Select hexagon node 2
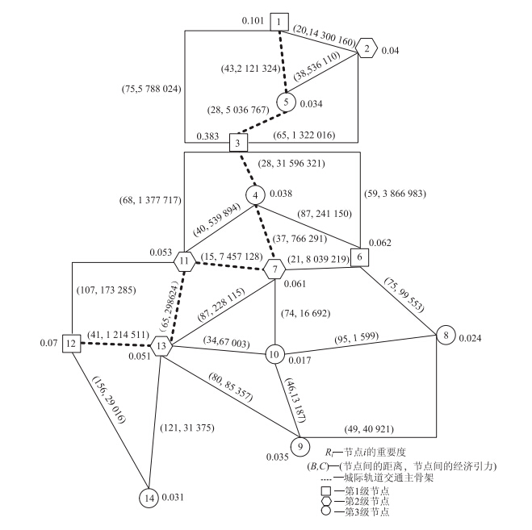tap(367, 48)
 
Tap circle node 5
tap(286, 102)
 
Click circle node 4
tap(256, 194)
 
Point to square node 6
tap(360, 257)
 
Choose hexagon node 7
tap(274, 268)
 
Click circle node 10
tap(274, 353)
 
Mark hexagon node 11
tap(185, 261)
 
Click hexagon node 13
tap(162, 347)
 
